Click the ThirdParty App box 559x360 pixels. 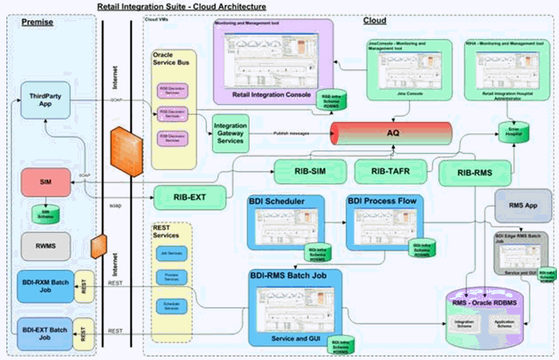point(45,100)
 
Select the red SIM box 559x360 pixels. point(46,182)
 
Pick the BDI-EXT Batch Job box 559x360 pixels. point(44,332)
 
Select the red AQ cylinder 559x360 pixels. point(391,133)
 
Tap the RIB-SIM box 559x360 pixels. point(309,172)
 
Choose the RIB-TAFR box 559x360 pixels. point(390,172)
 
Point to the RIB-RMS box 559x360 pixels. point(476,174)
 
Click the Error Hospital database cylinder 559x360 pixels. point(508,133)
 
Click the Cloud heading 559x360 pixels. point(375,21)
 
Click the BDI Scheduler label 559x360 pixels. point(277,202)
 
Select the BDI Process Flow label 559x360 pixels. point(382,202)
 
